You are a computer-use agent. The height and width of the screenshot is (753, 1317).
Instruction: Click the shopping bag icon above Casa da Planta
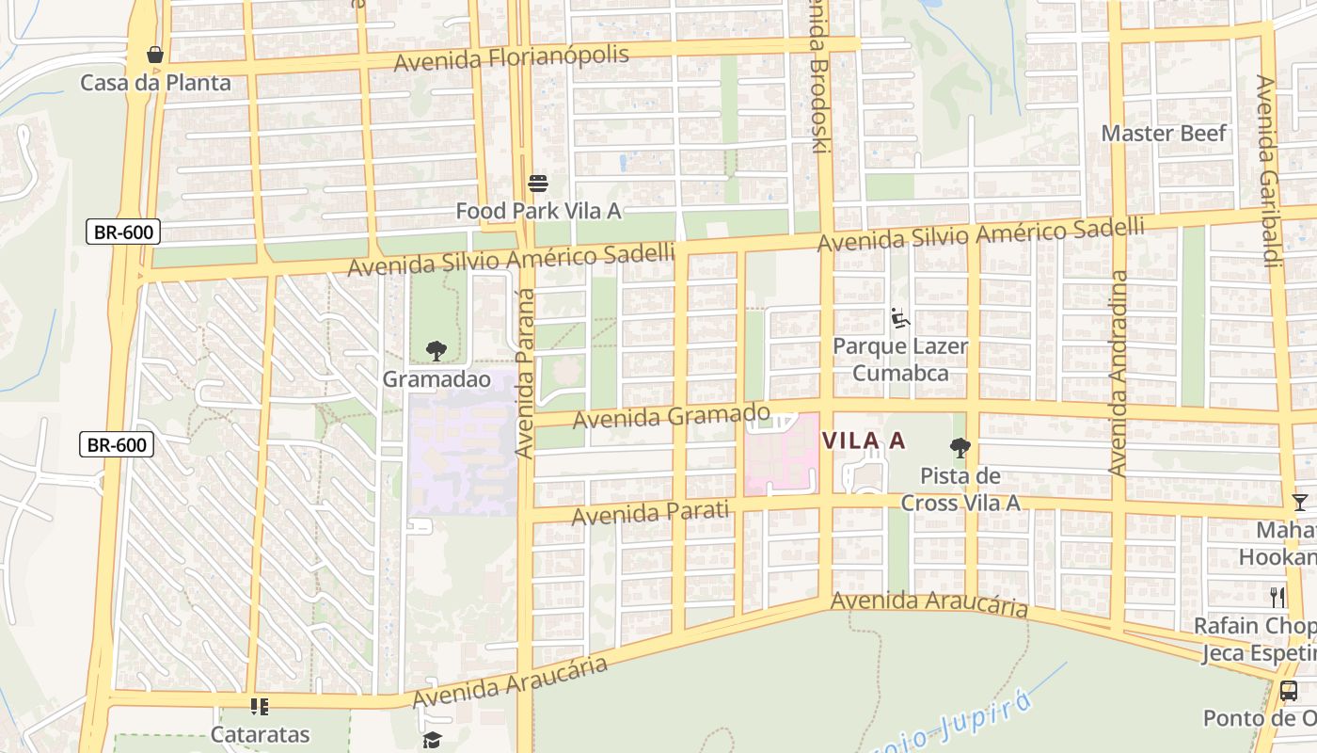point(155,55)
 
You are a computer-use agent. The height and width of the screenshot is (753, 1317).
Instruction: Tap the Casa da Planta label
point(155,83)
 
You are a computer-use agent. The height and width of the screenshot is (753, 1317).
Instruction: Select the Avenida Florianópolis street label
point(511,58)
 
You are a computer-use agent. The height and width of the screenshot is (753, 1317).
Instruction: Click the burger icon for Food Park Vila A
point(538,183)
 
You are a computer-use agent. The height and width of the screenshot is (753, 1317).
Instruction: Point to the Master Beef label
point(1164,133)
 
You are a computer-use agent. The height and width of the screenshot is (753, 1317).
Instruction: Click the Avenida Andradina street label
point(1118,373)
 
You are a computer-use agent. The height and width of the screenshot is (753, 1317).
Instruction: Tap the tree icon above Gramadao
point(436,351)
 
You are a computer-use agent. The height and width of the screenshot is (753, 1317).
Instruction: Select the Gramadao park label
point(436,379)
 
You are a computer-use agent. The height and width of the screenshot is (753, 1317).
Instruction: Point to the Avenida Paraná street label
point(525,374)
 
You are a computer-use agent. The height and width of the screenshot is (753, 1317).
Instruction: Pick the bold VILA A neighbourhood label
point(864,441)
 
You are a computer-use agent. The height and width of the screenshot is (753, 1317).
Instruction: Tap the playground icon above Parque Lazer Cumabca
point(900,318)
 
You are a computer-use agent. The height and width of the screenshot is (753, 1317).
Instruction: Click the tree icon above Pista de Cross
point(960,447)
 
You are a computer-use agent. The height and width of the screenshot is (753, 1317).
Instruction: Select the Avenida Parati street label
point(650,513)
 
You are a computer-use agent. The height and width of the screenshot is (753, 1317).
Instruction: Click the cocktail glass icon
point(1299,502)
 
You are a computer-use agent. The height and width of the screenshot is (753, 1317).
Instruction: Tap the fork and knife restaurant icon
point(1277,597)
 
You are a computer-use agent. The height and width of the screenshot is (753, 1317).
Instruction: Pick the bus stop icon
point(1289,690)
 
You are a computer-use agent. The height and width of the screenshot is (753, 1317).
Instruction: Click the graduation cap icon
point(432,741)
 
